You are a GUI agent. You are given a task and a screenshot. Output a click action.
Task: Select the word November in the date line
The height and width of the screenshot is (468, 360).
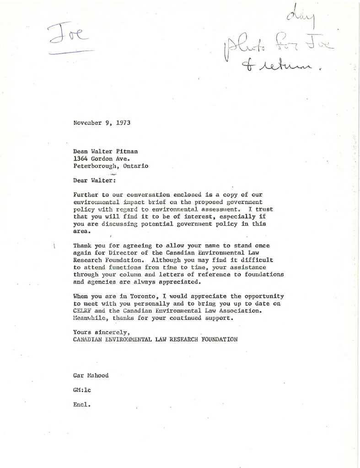click(88, 122)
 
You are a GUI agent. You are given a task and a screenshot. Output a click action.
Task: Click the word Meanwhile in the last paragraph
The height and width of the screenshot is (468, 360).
click(90, 318)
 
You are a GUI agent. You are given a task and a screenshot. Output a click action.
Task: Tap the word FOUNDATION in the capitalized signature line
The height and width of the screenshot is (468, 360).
click(217, 340)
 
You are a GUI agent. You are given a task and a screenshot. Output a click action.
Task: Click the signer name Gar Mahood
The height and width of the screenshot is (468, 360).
click(91, 376)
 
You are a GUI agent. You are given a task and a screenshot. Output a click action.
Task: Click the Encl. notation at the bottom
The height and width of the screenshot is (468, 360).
click(82, 404)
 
